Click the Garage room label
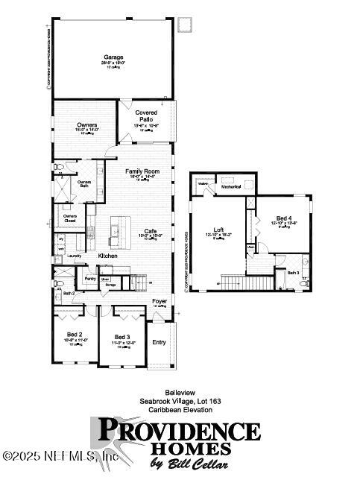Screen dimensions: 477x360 tap(112, 57)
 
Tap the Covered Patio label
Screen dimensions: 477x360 tap(146, 116)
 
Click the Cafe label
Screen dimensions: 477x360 tap(150, 231)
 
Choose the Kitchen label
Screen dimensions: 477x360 tap(108, 256)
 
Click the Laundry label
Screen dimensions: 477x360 tap(74, 256)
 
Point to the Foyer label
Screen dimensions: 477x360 tap(160, 301)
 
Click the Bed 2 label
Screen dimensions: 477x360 tap(74, 335)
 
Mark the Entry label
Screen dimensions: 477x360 tap(159, 342)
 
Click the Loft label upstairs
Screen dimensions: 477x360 tap(219, 230)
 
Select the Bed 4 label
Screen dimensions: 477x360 tap(283, 218)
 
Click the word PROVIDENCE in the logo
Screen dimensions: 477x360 tap(179, 431)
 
